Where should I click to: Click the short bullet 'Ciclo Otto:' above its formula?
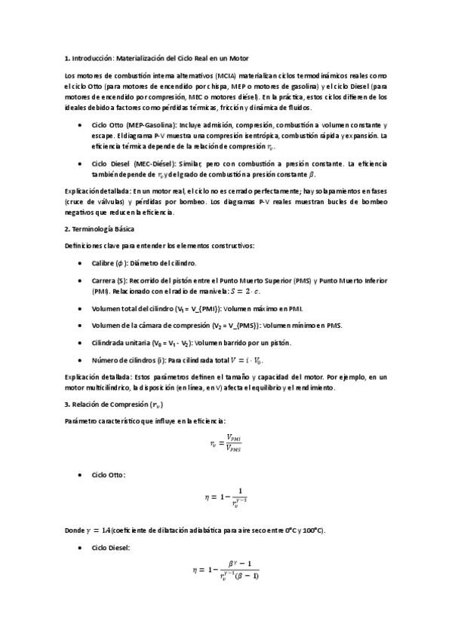[109, 475]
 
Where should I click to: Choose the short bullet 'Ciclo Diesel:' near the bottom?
[111, 548]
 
